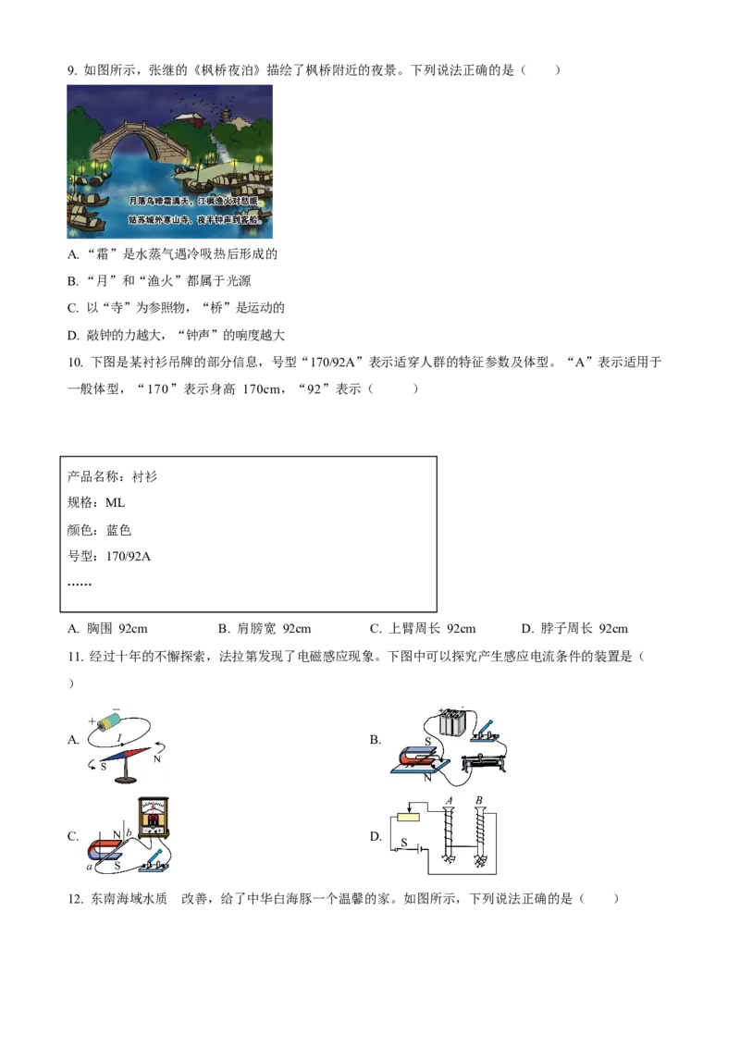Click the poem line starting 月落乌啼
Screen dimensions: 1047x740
(194, 200)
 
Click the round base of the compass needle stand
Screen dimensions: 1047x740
(124, 779)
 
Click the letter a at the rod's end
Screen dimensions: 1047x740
(89, 867)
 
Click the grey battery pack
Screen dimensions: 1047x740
(453, 721)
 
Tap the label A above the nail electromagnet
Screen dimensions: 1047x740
(450, 799)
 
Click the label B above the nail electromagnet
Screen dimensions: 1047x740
(478, 799)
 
